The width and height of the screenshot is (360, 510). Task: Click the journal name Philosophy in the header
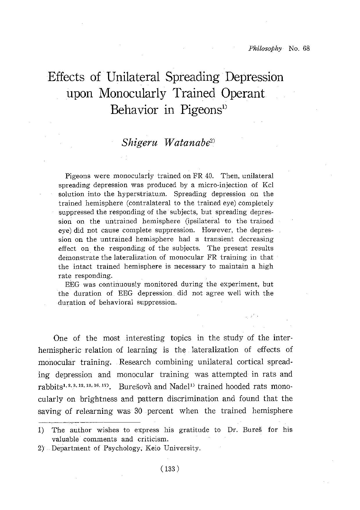tap(265, 49)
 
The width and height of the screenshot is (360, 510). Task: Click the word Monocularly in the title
tap(132, 94)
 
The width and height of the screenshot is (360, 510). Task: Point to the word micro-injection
tap(219, 185)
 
